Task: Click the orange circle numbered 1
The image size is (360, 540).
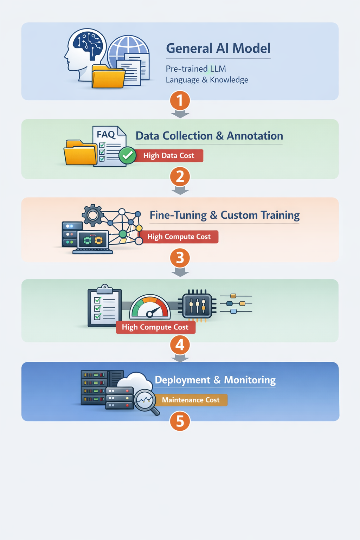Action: [180, 101]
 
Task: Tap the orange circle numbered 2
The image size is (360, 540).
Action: [180, 176]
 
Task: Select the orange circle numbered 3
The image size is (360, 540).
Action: [180, 258]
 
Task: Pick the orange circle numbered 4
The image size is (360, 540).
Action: [180, 345]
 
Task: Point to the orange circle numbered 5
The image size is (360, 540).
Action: [180, 421]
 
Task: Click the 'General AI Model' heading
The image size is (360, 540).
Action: [218, 48]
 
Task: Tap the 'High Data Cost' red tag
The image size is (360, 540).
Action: [169, 156]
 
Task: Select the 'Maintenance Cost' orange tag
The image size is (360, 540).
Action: [191, 400]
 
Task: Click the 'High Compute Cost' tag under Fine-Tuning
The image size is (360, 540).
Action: [179, 237]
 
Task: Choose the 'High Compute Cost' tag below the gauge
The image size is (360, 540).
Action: [155, 327]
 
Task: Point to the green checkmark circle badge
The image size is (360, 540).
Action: [127, 155]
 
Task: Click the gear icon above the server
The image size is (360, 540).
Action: [93, 214]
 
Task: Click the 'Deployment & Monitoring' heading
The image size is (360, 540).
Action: [215, 380]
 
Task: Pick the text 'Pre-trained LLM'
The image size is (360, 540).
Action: [196, 69]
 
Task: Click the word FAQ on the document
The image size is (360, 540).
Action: [106, 134]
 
